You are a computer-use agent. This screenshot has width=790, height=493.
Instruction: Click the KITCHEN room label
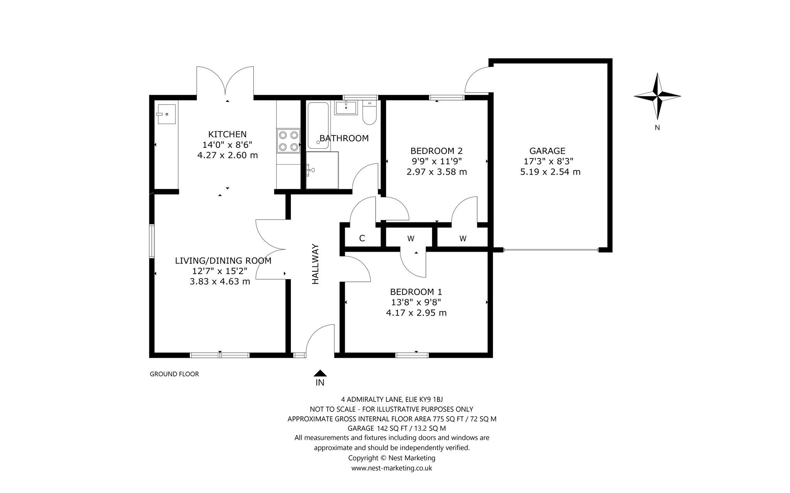227,134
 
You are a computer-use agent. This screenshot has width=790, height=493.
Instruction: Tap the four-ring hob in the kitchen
289,140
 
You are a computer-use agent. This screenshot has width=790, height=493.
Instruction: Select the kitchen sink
166,114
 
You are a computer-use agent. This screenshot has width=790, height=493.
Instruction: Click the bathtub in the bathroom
318,125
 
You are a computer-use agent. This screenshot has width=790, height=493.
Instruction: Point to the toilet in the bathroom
370,113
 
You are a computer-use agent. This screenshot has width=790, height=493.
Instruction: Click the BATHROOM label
344,138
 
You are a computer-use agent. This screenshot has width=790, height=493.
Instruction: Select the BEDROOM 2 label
436,151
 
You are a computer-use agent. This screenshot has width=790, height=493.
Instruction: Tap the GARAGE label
547,151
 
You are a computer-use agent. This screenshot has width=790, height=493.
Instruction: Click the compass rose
657,96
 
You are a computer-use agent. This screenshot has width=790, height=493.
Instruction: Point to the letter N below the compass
657,128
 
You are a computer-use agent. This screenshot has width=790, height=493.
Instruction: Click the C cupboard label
362,238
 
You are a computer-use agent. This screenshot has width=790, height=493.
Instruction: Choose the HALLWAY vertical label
316,264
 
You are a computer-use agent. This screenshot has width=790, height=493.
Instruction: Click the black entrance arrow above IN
320,373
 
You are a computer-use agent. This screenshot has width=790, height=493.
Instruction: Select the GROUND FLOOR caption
174,374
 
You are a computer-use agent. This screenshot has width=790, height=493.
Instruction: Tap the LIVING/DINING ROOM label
223,261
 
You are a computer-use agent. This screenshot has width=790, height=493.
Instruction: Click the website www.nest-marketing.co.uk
392,468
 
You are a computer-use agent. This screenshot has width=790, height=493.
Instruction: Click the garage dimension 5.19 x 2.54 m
550,172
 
